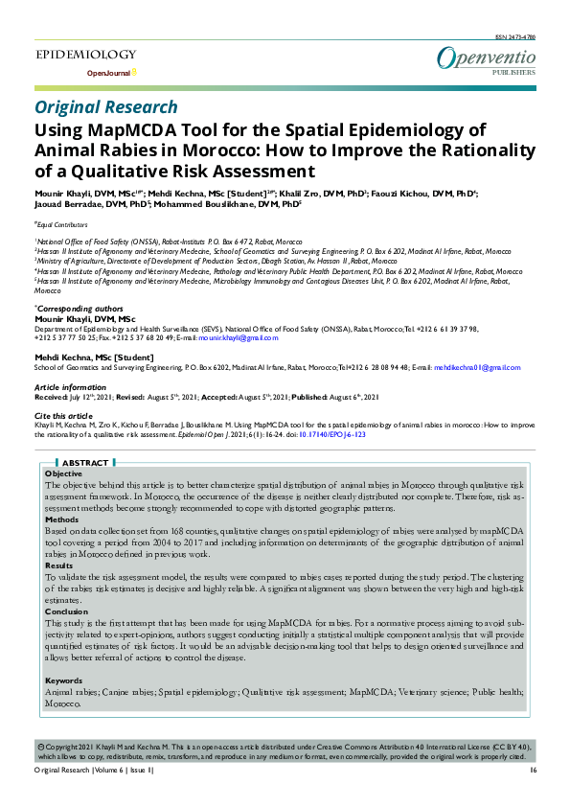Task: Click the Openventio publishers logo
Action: click(486, 60)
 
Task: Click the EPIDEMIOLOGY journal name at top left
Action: click(85, 57)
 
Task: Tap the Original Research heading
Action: click(105, 107)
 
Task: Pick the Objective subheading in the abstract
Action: click(64, 474)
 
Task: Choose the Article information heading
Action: click(72, 386)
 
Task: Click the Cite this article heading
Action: click(63, 414)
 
